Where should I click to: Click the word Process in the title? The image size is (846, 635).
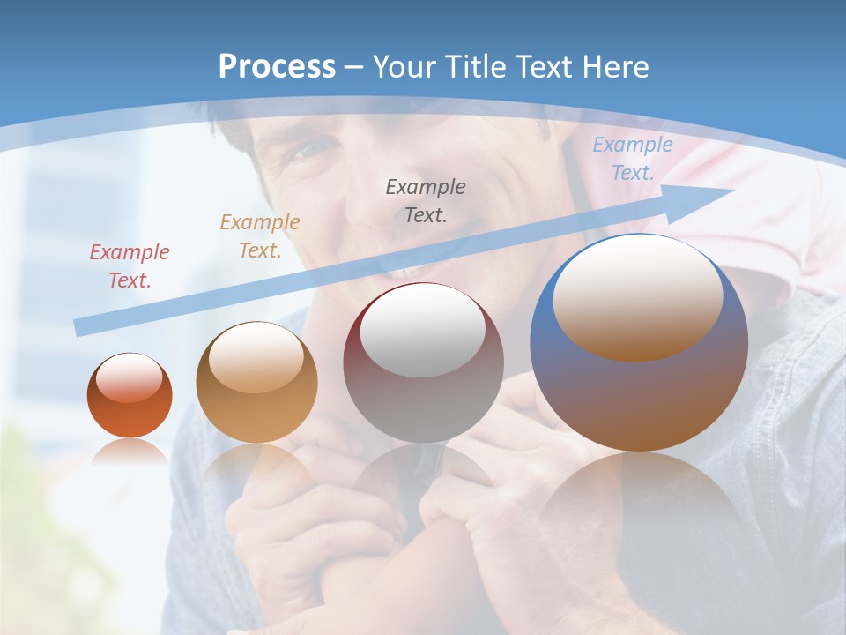(277, 67)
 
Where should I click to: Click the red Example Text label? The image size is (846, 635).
(129, 266)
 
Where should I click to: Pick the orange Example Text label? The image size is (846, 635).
(259, 235)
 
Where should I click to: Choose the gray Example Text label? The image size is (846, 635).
(425, 200)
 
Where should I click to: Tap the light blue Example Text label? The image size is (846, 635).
(632, 159)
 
